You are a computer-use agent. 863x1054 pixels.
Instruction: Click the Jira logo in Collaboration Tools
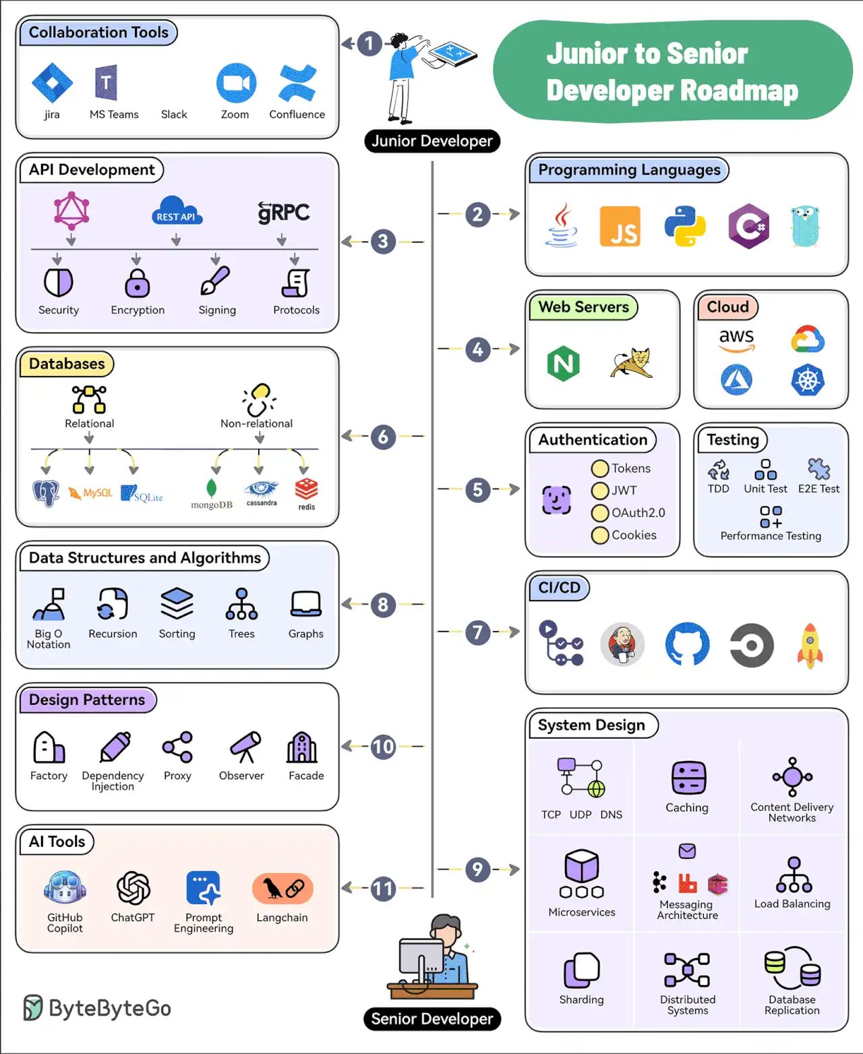52,83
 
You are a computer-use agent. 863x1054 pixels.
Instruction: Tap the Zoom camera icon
236,83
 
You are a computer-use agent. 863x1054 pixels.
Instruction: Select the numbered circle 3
383,242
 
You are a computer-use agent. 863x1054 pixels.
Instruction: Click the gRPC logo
284,213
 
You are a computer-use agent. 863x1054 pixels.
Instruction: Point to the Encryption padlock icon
138,283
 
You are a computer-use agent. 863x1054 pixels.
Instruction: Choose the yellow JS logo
620,227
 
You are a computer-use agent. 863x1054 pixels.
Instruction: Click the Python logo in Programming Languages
684,227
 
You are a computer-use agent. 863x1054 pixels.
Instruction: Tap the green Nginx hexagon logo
564,364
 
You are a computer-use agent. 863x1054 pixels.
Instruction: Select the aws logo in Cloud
736,339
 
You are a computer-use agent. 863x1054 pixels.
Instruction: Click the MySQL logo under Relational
90,493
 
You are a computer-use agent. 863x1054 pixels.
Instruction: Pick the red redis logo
306,491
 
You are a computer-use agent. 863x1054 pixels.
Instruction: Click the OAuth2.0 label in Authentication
638,513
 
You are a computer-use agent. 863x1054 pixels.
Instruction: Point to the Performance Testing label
771,536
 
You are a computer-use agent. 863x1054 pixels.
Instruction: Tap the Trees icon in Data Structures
241,604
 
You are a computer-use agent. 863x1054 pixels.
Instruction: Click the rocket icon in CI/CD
810,646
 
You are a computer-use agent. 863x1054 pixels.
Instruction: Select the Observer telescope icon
245,747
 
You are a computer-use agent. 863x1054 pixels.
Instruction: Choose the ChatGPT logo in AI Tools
133,887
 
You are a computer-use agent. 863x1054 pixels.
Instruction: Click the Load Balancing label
792,904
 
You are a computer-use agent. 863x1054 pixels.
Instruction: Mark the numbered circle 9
477,869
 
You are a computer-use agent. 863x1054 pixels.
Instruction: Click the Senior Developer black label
432,1019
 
